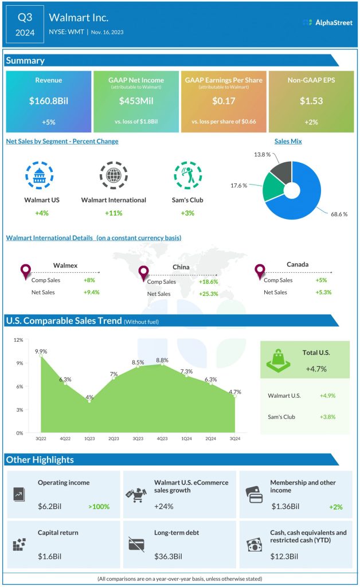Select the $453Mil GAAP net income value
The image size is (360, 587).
pos(136,101)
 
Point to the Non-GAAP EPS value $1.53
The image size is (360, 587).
pos(311,101)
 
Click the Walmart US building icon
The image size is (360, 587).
pos(39,175)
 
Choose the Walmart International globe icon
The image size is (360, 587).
pos(113,175)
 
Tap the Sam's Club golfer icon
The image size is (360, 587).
pos(187,175)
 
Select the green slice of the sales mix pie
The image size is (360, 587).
pos(272,186)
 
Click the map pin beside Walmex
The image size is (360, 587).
pos(25,271)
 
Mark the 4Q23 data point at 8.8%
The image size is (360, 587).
pos(163,365)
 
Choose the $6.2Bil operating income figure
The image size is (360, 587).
pos(50,506)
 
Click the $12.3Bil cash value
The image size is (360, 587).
pos(284,556)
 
